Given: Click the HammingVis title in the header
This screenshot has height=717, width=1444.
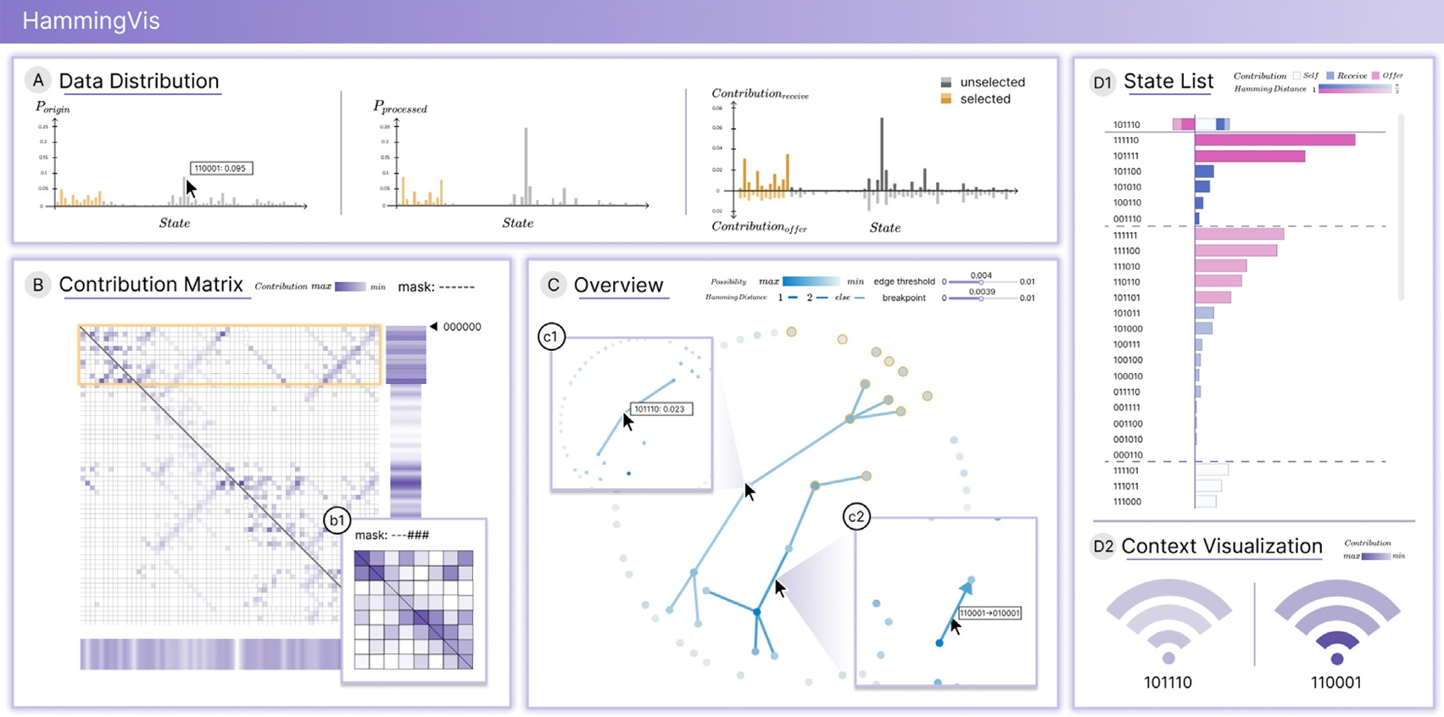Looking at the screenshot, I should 91,21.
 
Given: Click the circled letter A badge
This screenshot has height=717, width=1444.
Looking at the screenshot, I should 38,81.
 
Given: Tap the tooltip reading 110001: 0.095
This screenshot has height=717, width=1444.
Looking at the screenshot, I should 220,168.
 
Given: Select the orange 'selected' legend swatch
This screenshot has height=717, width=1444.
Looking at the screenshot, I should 946,99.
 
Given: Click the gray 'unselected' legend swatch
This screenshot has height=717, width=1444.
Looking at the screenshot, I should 946,82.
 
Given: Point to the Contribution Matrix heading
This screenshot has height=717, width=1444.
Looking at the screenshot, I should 151,285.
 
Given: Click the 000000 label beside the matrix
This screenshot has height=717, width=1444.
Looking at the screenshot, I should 462,326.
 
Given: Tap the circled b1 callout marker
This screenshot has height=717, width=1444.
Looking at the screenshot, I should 337,520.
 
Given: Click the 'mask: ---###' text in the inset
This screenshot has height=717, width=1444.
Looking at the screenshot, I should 392,535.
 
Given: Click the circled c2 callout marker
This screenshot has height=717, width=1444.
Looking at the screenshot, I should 856,517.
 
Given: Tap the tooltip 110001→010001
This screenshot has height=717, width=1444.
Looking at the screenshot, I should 990,613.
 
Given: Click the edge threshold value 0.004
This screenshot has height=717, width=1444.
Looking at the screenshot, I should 981,275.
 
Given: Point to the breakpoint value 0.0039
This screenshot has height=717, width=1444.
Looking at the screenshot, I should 982,292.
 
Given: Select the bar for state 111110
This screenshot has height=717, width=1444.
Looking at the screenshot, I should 1274,140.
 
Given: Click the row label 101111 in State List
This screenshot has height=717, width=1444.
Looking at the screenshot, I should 1126,156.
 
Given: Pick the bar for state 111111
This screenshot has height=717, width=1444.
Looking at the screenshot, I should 1239,235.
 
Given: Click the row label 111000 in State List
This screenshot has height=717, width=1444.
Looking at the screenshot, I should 1126,502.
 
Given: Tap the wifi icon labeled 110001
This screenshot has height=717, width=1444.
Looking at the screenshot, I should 1336,623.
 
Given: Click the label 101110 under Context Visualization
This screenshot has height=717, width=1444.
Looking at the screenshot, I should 1168,682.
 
